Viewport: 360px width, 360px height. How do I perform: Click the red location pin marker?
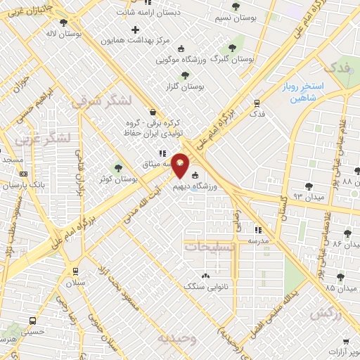click(x=181, y=165)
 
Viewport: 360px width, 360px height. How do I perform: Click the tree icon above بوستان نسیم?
click(x=235, y=6)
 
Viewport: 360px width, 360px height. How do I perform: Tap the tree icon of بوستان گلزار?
click(x=185, y=75)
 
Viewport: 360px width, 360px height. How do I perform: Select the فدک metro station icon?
click(x=257, y=103)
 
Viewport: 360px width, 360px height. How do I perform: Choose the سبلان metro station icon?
click(x=75, y=271)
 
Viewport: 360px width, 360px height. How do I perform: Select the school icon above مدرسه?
click(x=257, y=229)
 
